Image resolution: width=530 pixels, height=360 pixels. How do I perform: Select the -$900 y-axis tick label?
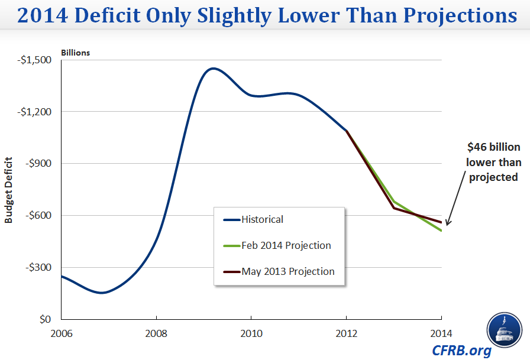point(39,164)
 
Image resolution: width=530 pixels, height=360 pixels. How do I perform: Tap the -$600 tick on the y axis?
point(39,215)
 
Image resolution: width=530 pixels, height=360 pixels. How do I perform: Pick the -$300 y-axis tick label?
point(39,267)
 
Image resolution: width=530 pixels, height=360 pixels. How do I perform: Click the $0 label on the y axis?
point(45,319)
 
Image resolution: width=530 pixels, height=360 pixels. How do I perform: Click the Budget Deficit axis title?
point(9,189)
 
